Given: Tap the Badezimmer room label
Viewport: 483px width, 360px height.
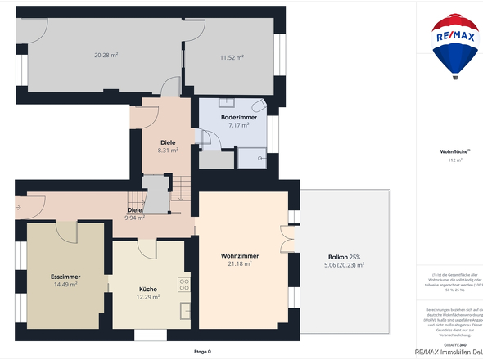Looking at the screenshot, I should (x=238, y=118).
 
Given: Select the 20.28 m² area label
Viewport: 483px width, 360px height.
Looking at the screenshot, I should (x=106, y=56).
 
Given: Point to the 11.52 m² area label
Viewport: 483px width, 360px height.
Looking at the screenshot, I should (x=232, y=57).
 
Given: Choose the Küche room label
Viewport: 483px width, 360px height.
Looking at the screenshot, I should (x=148, y=289).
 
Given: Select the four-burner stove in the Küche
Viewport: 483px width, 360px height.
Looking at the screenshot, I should (x=184, y=286).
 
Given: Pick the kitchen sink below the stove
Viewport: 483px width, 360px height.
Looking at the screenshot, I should (x=184, y=308).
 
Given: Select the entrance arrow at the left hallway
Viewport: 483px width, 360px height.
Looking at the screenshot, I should (x=18, y=207).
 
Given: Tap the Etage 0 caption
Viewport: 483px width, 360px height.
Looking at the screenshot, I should (x=201, y=352).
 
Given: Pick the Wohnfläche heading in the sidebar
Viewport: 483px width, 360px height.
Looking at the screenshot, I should (x=455, y=152).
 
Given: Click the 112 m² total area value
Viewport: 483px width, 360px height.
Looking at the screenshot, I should (x=455, y=160).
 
